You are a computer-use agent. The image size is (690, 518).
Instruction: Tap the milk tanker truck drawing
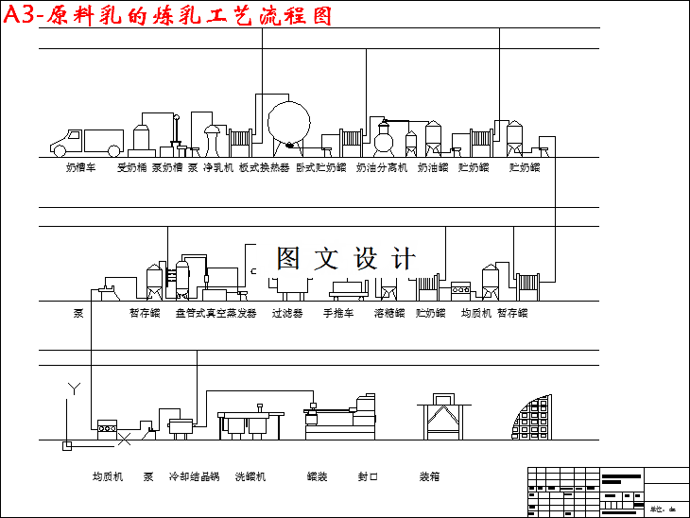pyautogui.click(x=87, y=142)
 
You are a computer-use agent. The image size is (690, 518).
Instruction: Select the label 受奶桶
pyautogui.click(x=131, y=167)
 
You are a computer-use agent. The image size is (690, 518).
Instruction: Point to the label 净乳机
pyautogui.click(x=217, y=167)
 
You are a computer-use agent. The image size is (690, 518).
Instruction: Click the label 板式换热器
pyautogui.click(x=264, y=167)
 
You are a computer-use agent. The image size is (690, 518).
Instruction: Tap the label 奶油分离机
pyautogui.click(x=382, y=167)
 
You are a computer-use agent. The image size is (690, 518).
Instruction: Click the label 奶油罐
pyautogui.click(x=433, y=167)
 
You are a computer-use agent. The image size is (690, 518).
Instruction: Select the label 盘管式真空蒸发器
pyautogui.click(x=216, y=313)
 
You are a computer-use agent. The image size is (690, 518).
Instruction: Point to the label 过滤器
pyautogui.click(x=287, y=313)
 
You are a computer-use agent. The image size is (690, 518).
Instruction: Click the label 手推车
pyautogui.click(x=338, y=313)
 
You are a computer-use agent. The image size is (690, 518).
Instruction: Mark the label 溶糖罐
pyautogui.click(x=389, y=313)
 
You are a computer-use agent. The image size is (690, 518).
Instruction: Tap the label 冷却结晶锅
pyautogui.click(x=194, y=476)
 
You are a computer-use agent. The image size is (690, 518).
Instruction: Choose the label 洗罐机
pyautogui.click(x=250, y=476)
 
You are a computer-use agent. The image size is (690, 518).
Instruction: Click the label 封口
pyautogui.click(x=368, y=476)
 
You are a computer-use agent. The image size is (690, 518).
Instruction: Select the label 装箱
pyautogui.click(x=429, y=476)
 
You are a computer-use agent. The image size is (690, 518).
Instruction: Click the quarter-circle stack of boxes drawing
pyautogui.click(x=529, y=416)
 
